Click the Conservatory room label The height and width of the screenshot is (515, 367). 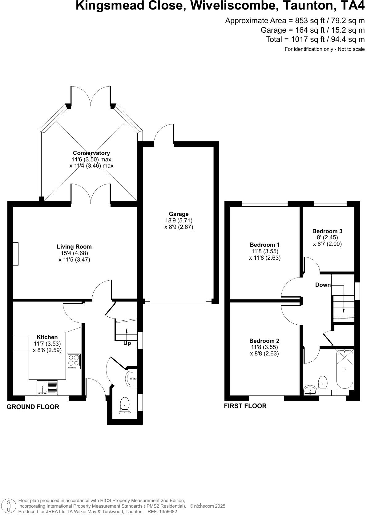pos(91,153)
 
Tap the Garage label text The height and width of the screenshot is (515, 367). pos(179,214)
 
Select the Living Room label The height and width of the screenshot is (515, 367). pos(74,246)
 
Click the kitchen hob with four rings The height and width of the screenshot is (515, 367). pos(74,361)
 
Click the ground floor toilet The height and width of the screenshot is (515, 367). pos(124,405)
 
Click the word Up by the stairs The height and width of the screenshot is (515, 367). pos(127,343)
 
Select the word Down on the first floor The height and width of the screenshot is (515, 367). pos(323,285)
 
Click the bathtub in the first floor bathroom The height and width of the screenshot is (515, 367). pos(345,369)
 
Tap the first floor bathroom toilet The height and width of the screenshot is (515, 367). pos(323,382)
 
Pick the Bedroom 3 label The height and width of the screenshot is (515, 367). pos(327,231)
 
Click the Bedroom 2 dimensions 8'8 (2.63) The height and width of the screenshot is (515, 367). pos(264,354)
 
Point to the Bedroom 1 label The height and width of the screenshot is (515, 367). pos(265,245)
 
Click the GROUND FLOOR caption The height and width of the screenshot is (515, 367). pos(33,407)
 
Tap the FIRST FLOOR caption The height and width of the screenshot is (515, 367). pos(245,406)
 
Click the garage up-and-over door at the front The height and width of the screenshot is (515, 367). pos(178,302)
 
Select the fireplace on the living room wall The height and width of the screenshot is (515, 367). pos(15,253)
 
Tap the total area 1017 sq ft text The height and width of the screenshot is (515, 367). pos(315,39)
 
